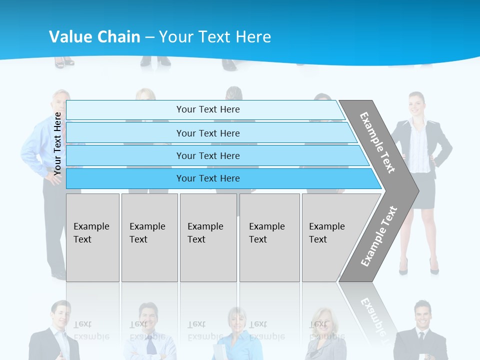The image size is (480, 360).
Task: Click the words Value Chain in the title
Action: click(x=94, y=37)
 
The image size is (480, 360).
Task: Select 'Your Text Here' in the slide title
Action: click(x=215, y=37)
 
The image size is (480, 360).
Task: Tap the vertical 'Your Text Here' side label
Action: click(x=57, y=143)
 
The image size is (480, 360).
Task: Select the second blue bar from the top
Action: click(x=207, y=133)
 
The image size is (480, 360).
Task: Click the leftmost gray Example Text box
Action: click(x=92, y=237)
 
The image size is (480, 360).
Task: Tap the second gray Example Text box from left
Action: click(x=149, y=237)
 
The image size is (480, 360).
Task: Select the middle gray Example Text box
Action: click(x=208, y=237)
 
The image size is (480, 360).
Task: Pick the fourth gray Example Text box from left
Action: click(x=269, y=237)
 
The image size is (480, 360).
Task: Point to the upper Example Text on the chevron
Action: click(x=377, y=142)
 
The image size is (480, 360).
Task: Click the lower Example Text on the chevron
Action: click(x=378, y=236)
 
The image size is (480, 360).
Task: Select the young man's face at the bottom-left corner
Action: click(x=61, y=313)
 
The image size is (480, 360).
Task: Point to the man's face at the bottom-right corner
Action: click(x=423, y=314)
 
